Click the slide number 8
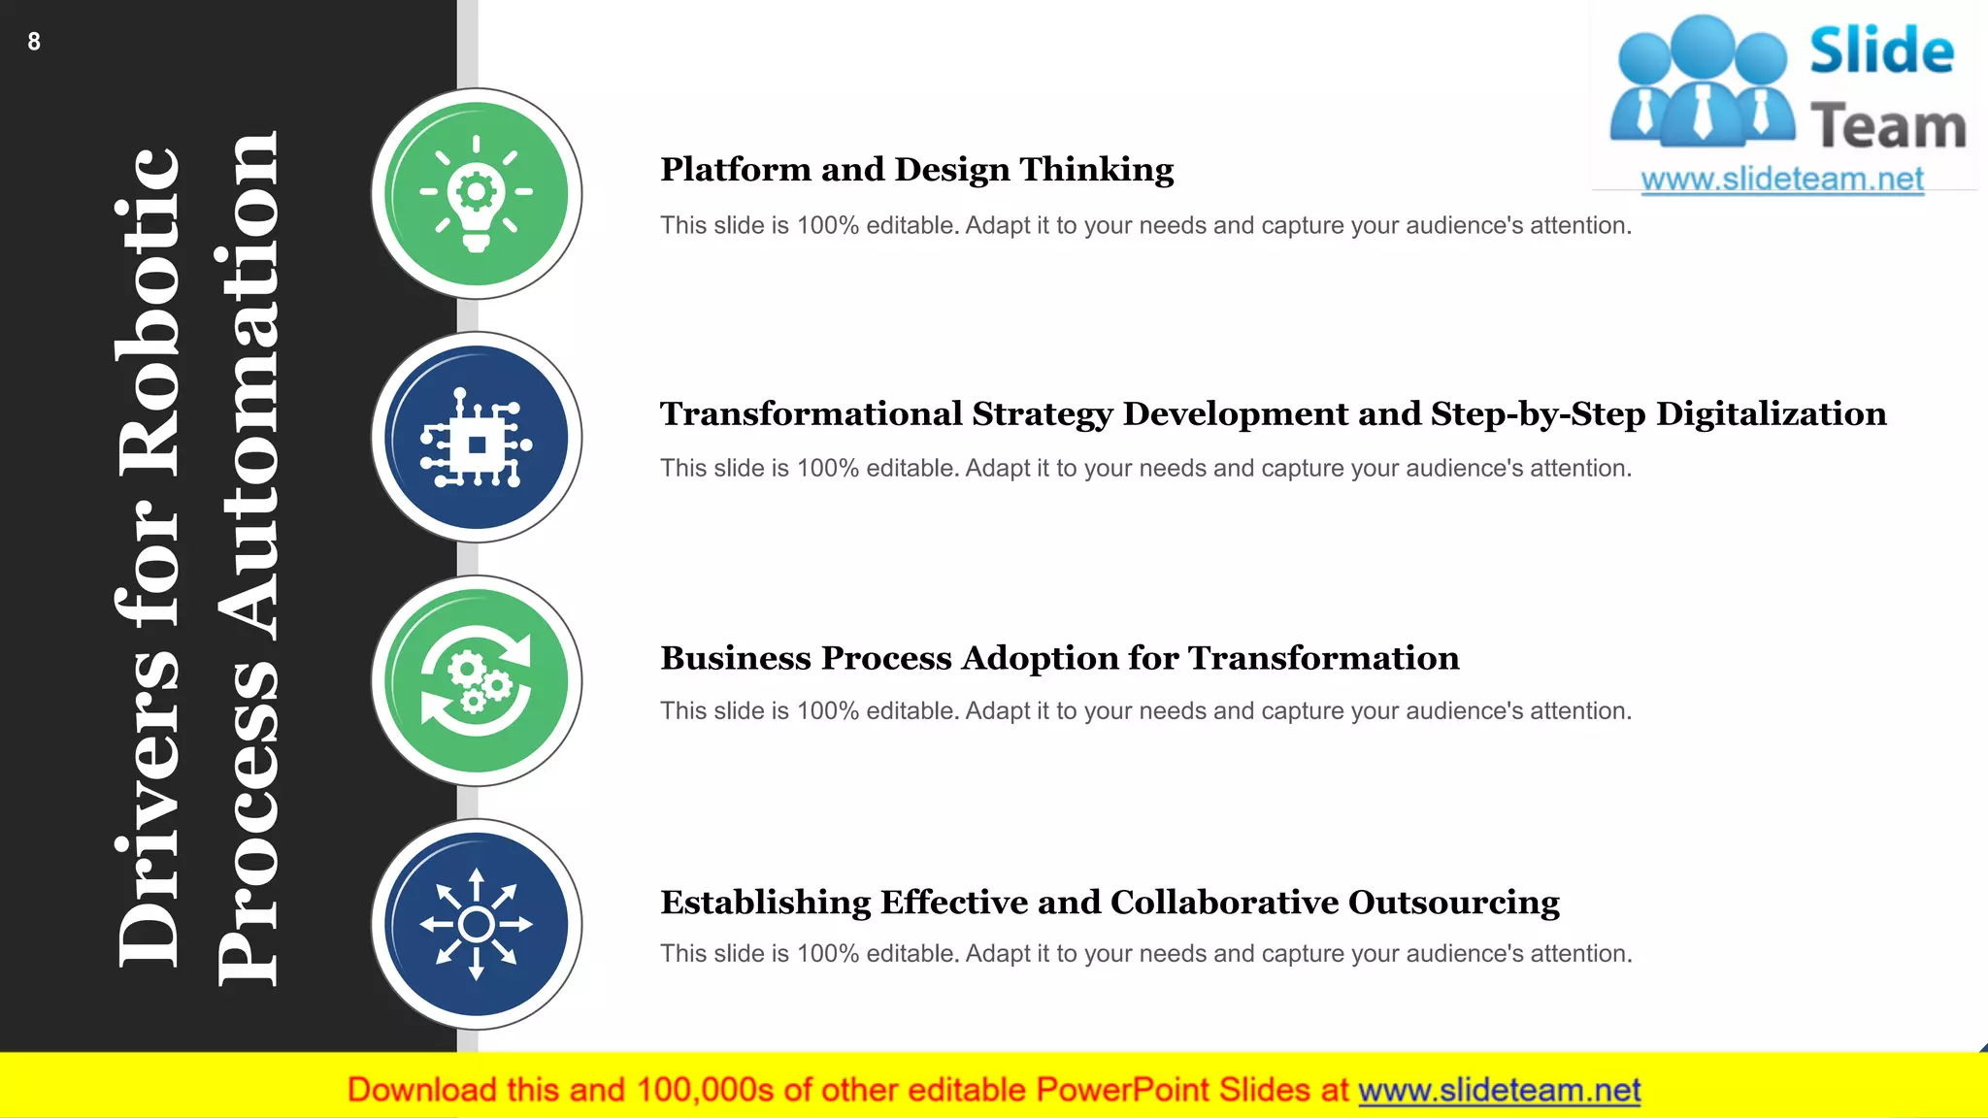pyautogui.click(x=34, y=42)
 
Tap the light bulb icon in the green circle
pyautogui.click(x=477, y=194)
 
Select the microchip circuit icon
pyautogui.click(x=477, y=439)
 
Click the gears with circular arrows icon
pyautogui.click(x=477, y=681)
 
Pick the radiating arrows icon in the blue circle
pyautogui.click(x=477, y=925)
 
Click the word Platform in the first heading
pyautogui.click(x=735, y=170)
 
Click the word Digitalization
pyautogui.click(x=1771, y=414)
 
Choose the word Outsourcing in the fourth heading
pyautogui.click(x=1453, y=903)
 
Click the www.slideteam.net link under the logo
pyautogui.click(x=1781, y=180)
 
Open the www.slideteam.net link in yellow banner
pyautogui.click(x=1499, y=1090)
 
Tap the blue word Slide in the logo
pyautogui.click(x=1880, y=51)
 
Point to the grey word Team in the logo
pyautogui.click(x=1888, y=127)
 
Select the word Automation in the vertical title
pyautogui.click(x=248, y=388)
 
